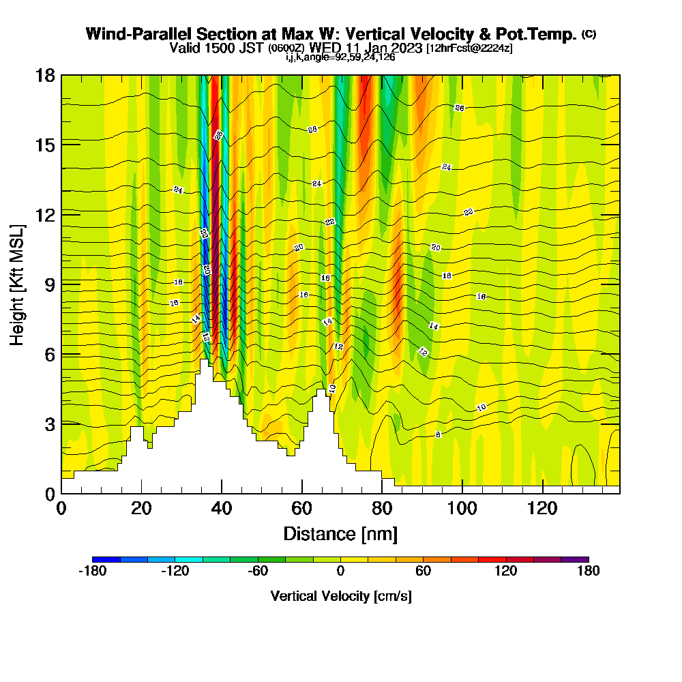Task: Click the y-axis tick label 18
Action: point(44,75)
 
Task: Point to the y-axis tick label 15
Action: point(44,145)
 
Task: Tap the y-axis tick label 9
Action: point(49,284)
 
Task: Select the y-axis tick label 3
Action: point(49,424)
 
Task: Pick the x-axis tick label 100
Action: point(462,508)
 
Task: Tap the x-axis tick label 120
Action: point(542,508)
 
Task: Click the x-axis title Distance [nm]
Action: point(340,533)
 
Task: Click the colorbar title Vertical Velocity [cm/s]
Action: point(340,596)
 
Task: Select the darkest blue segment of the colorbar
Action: point(106,559)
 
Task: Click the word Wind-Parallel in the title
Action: point(139,34)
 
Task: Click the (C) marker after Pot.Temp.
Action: point(589,34)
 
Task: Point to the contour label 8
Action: point(438,434)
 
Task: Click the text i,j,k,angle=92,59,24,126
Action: point(340,57)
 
